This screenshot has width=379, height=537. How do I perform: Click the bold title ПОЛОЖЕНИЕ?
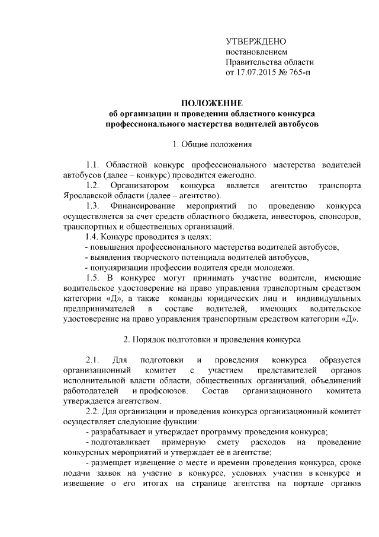click(211, 104)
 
